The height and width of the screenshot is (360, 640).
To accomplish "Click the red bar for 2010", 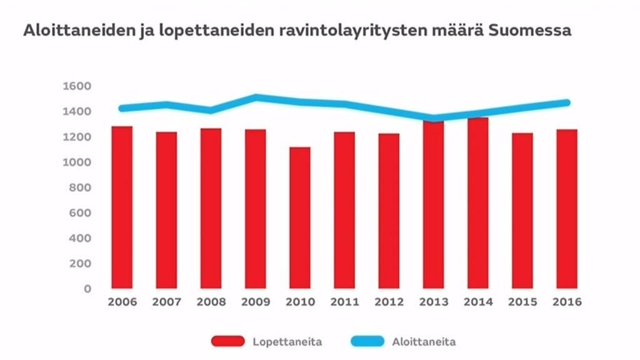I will coord(300,217).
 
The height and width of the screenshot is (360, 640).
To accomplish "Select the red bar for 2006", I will coord(122,207).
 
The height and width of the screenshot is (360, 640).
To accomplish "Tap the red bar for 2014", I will coord(478,203).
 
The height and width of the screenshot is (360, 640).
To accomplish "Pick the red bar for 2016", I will coord(567,209).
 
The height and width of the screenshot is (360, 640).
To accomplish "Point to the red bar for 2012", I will coord(389,211).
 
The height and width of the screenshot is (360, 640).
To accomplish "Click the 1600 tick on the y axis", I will coord(77,86).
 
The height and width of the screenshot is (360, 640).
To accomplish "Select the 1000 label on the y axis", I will coord(77,162).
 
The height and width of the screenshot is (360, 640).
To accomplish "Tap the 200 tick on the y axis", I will coord(80,264).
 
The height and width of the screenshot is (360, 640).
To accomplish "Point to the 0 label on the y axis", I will coord(87,289).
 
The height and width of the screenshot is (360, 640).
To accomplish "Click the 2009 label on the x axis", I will coord(256,302).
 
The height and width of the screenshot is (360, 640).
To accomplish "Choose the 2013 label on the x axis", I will coord(434,302).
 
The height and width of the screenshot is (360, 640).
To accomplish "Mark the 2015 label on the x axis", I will coord(522,302).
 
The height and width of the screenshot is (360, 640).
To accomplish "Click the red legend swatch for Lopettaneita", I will coord(227,341).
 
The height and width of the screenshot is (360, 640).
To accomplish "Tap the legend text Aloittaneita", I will coord(424,341).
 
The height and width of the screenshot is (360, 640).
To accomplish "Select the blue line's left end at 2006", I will coord(122,108).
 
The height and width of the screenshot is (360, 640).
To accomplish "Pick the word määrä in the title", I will coord(461,30).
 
